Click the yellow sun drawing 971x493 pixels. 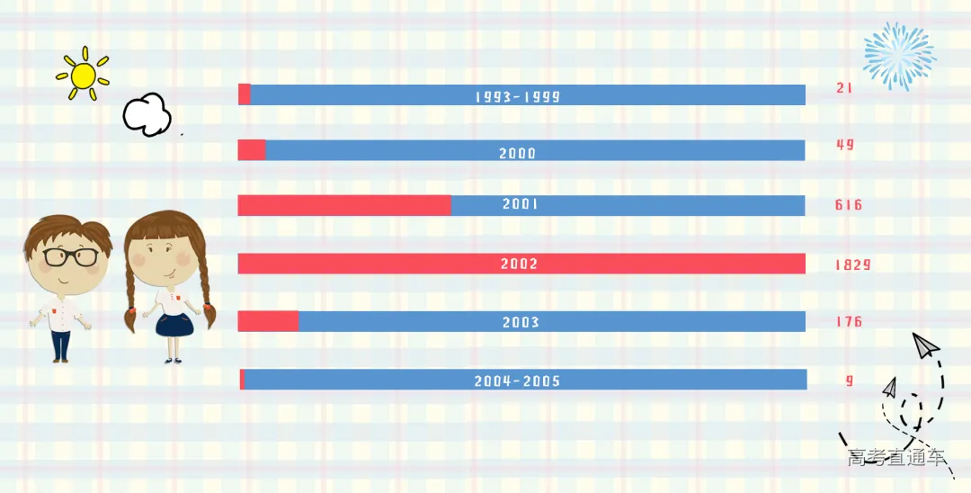[82, 75]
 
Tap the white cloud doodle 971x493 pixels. [147, 114]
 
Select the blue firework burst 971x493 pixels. [898, 56]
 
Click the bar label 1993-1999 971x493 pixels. [518, 96]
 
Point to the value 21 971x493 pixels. [844, 88]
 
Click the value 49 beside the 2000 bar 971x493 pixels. [845, 145]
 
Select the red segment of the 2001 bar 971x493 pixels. [343, 205]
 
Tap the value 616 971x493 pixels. [849, 205]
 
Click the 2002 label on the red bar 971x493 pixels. [520, 264]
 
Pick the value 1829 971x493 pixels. [852, 264]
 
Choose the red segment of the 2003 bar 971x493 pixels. [268, 321]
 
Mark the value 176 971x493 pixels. [849, 321]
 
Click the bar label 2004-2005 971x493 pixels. [517, 381]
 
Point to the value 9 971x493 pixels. [850, 381]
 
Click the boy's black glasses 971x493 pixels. [71, 257]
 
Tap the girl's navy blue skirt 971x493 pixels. [174, 324]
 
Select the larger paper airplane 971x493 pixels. [925, 345]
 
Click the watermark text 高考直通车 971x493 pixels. [896, 458]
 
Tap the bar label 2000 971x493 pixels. [518, 154]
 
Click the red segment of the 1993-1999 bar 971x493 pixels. [244, 94]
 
